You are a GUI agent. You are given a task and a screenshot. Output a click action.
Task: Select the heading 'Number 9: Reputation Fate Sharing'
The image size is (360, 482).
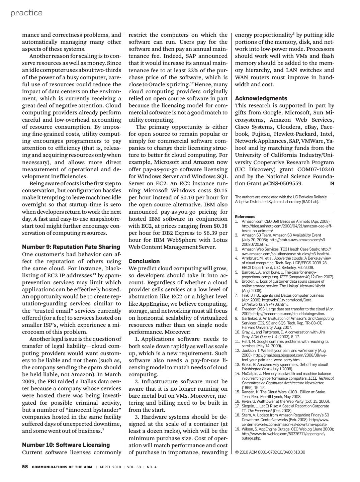[71, 247]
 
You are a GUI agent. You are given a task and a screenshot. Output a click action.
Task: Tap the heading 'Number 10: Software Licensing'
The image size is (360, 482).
[66, 445]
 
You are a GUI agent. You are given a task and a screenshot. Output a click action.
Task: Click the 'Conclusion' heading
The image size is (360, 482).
[144, 261]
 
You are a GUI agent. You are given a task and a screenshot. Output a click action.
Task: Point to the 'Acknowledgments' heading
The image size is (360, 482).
[261, 98]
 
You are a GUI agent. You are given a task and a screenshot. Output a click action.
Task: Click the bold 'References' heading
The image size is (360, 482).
[245, 217]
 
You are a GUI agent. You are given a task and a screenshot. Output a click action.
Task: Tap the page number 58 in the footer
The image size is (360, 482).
[25, 467]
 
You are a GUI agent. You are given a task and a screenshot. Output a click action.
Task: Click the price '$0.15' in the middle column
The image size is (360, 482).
[220, 190]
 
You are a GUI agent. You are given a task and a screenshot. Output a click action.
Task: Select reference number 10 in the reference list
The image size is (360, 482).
[237, 332]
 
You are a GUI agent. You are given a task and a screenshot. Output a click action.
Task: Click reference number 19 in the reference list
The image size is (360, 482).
[237, 429]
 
